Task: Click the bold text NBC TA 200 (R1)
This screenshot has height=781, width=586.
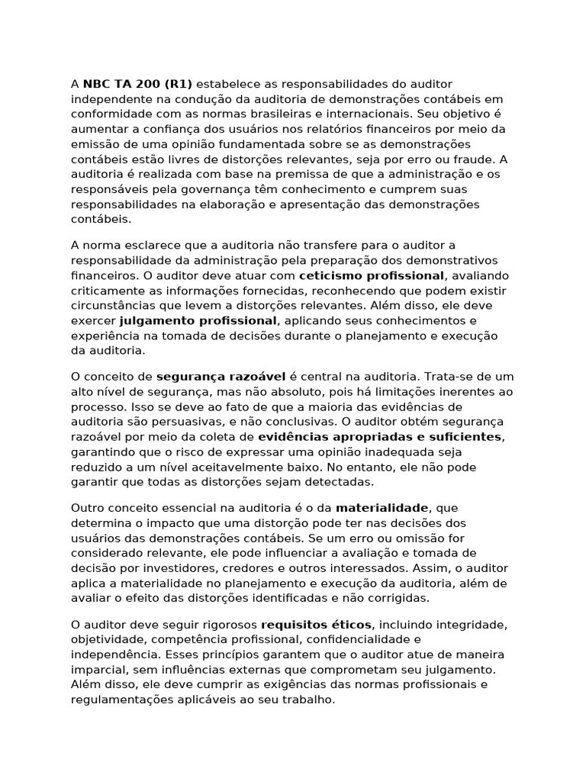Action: [137, 83]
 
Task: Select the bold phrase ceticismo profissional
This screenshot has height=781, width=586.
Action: [371, 275]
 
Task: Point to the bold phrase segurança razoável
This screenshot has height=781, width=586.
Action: [221, 376]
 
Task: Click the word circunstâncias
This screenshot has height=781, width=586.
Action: [110, 305]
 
